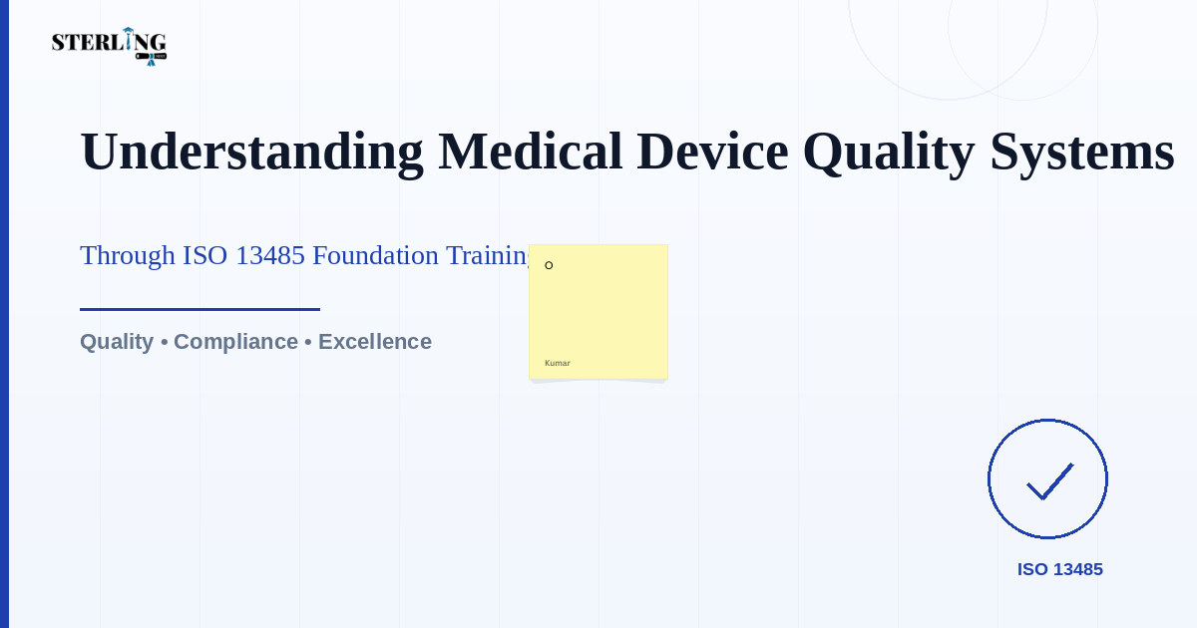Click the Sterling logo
(x=109, y=47)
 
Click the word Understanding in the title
(x=252, y=153)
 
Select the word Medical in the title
(x=530, y=152)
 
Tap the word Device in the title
(x=712, y=152)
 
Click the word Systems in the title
(x=1082, y=154)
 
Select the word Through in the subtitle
(x=128, y=256)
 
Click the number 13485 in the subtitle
(x=270, y=256)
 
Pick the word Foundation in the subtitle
(x=376, y=255)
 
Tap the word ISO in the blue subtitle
(x=204, y=256)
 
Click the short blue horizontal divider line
(x=199, y=309)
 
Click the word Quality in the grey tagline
(x=117, y=342)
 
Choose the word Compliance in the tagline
(x=235, y=342)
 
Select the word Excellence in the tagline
(x=375, y=342)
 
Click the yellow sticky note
(x=598, y=312)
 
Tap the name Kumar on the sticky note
(x=558, y=363)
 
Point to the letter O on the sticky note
(x=549, y=265)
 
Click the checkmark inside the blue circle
(x=1050, y=481)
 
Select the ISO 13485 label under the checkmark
(x=1059, y=569)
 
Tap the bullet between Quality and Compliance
(x=164, y=342)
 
